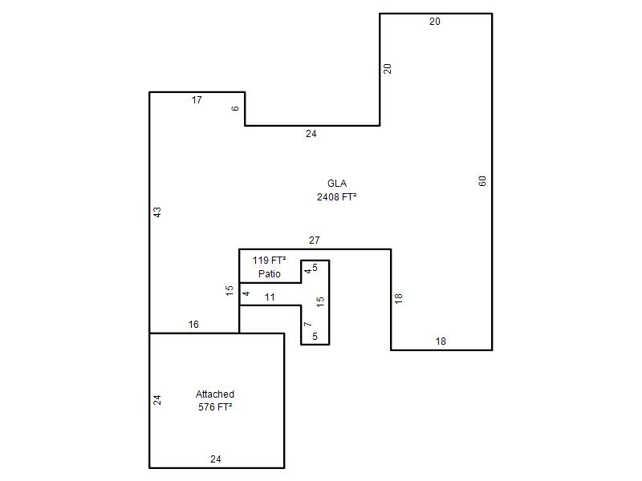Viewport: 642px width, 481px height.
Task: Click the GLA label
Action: point(337,184)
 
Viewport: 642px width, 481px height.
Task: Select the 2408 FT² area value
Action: point(336,196)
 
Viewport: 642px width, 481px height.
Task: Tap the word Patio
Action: point(270,273)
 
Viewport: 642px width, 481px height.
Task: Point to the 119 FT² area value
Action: point(269,260)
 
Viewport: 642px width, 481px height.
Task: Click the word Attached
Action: point(215,394)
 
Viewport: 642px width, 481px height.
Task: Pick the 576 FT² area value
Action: point(215,407)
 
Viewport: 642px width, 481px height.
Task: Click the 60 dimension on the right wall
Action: point(482,181)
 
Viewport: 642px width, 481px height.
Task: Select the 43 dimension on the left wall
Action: point(157,212)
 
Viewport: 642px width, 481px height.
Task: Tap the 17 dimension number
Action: point(197,99)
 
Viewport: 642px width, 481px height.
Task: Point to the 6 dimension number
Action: point(235,108)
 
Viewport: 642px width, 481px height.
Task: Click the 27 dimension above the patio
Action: point(314,240)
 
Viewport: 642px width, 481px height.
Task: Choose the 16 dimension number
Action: point(193,325)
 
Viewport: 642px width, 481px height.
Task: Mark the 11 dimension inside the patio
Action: point(270,297)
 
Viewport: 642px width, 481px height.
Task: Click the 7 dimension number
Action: point(308,325)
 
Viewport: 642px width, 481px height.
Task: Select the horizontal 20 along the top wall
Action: point(435,22)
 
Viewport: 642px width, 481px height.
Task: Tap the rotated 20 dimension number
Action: point(388,69)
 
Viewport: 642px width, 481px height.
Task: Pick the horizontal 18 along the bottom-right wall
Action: point(441,342)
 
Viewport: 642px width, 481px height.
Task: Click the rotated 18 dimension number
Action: point(398,298)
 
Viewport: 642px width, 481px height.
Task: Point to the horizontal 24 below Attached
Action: point(216,459)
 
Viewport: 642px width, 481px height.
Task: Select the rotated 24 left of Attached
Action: point(156,399)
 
